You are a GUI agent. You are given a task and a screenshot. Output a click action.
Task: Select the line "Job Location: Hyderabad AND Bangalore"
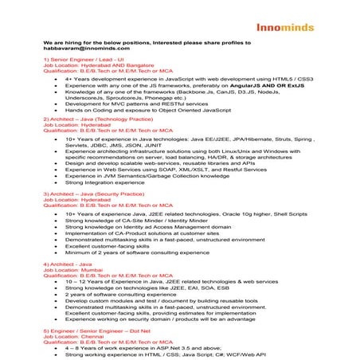(100, 65)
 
